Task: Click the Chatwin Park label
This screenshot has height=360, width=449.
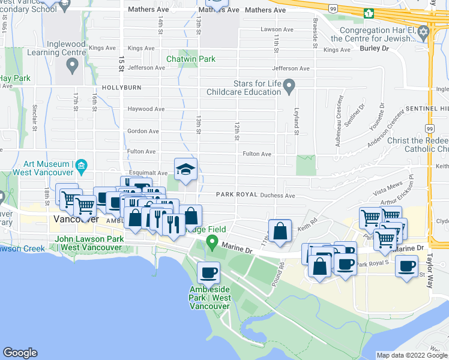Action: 190,59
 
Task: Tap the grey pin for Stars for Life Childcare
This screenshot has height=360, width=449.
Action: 289,87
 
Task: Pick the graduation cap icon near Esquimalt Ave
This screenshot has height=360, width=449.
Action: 186,170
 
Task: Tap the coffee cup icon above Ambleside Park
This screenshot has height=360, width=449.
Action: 208,273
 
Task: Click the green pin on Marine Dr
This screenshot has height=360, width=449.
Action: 211,243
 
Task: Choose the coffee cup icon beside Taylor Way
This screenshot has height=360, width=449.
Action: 406,266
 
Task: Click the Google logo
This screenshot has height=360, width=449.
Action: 20,353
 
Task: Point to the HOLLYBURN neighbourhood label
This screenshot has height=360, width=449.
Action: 121,88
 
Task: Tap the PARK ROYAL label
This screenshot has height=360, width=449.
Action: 237,195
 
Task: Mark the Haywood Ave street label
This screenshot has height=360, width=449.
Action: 146,109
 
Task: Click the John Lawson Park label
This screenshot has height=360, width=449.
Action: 89,239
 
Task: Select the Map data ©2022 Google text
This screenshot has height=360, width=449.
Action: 411,355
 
